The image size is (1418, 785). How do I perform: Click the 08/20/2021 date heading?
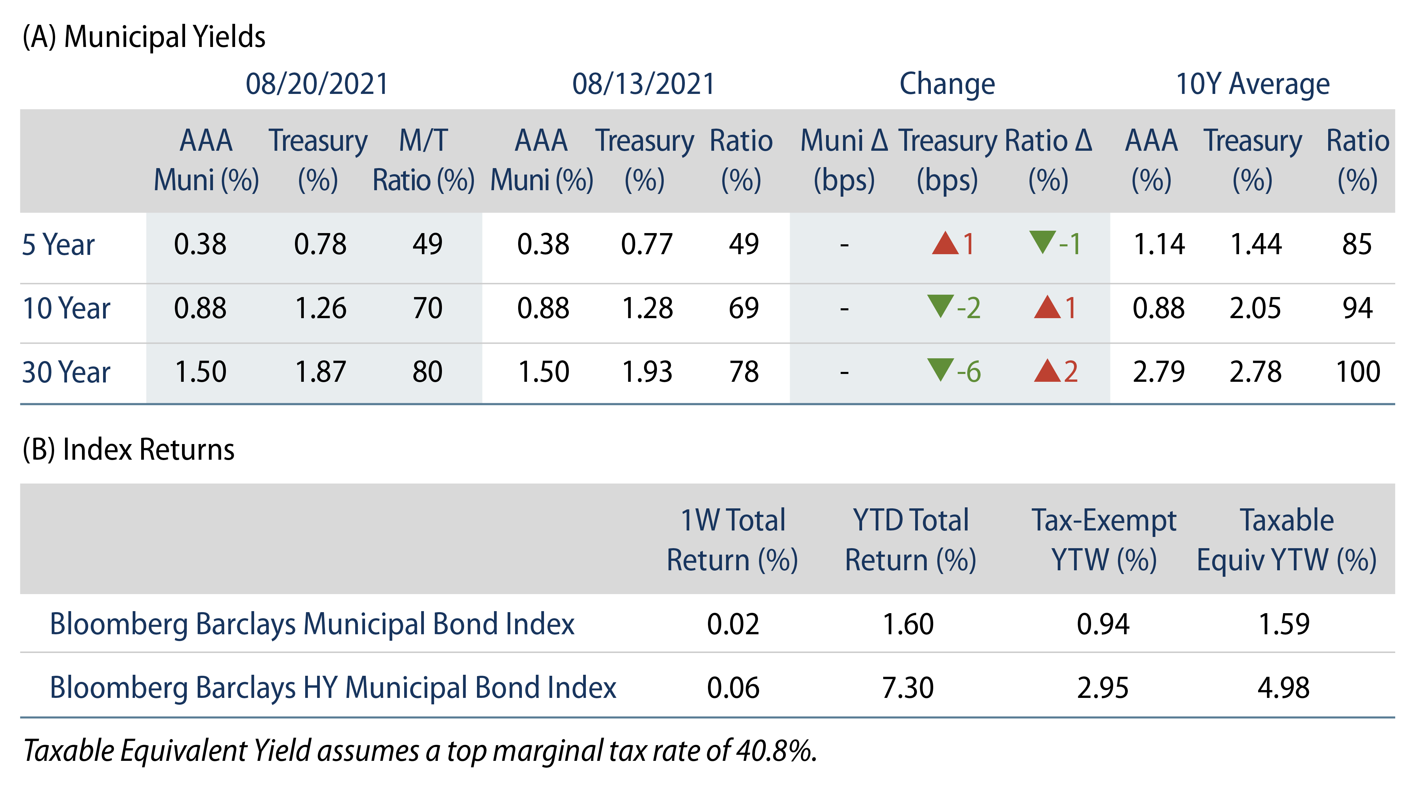tap(317, 84)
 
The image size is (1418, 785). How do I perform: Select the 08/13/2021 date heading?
tap(643, 84)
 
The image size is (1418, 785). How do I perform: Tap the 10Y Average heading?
tap(1252, 84)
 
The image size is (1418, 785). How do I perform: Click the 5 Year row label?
tap(59, 245)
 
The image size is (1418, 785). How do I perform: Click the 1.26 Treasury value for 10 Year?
tap(320, 308)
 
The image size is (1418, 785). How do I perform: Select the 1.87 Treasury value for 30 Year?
tap(320, 372)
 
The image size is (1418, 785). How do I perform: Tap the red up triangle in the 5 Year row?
tap(945, 243)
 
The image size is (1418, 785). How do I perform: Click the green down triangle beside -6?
tap(940, 370)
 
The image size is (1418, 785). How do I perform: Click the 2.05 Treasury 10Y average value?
tap(1255, 308)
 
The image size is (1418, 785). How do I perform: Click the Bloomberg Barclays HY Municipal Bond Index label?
tap(332, 688)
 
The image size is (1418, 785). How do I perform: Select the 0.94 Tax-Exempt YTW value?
tap(1103, 624)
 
